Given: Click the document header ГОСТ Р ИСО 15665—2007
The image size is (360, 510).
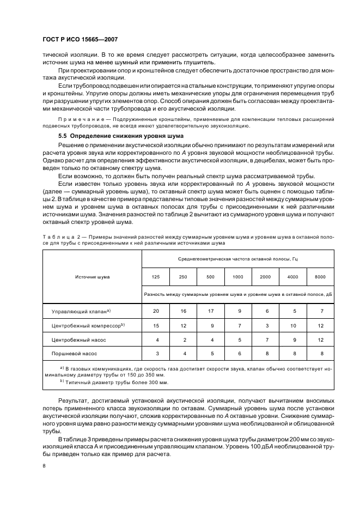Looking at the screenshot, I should [x=80, y=40].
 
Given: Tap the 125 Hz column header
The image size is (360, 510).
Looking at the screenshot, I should [x=156, y=277].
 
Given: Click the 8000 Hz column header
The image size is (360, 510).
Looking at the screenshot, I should [x=320, y=277].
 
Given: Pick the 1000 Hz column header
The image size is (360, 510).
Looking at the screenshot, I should [x=238, y=277].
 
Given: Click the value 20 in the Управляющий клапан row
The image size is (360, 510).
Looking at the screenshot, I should [x=156, y=311].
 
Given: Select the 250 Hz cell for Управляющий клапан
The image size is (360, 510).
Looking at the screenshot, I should [x=183, y=311].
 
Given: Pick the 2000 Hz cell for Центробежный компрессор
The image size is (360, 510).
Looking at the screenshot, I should [x=265, y=325].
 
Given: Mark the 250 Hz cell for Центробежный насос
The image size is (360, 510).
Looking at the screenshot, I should [x=183, y=339].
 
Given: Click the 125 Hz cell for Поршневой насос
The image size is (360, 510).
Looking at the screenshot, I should [x=156, y=354].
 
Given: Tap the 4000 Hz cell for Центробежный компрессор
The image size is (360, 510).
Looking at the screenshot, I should [x=292, y=325].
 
